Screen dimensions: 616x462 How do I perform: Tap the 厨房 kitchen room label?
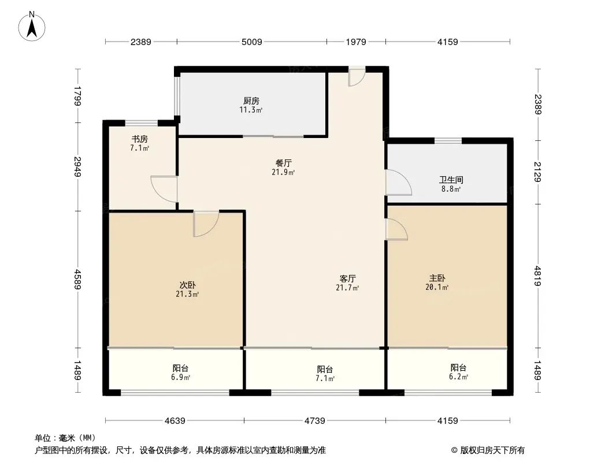pyautogui.click(x=251, y=101)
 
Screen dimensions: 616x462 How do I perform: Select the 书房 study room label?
pyautogui.click(x=139, y=139)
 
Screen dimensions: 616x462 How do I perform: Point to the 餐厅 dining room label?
pyautogui.click(x=283, y=163)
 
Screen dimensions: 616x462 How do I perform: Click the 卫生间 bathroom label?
pyautogui.click(x=451, y=180)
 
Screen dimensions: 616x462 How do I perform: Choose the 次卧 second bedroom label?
pyautogui.click(x=187, y=285)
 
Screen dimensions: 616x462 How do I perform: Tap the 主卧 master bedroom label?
pyautogui.click(x=437, y=278)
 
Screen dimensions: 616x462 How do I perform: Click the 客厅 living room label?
pyautogui.click(x=347, y=278)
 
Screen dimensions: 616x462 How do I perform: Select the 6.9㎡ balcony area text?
pyautogui.click(x=181, y=377)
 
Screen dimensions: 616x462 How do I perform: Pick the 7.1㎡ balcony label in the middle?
pyautogui.click(x=325, y=378)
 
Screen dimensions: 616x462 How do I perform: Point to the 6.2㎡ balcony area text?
pyautogui.click(x=458, y=377)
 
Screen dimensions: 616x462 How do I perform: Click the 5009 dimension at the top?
pyautogui.click(x=252, y=42)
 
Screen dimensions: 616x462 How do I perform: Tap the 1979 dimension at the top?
pyautogui.click(x=356, y=42)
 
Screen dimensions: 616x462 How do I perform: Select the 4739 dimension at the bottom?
pyautogui.click(x=315, y=421)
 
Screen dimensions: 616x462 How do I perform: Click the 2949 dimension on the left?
pyautogui.click(x=78, y=167)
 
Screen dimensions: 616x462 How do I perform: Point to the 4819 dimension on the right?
pyautogui.click(x=538, y=276)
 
